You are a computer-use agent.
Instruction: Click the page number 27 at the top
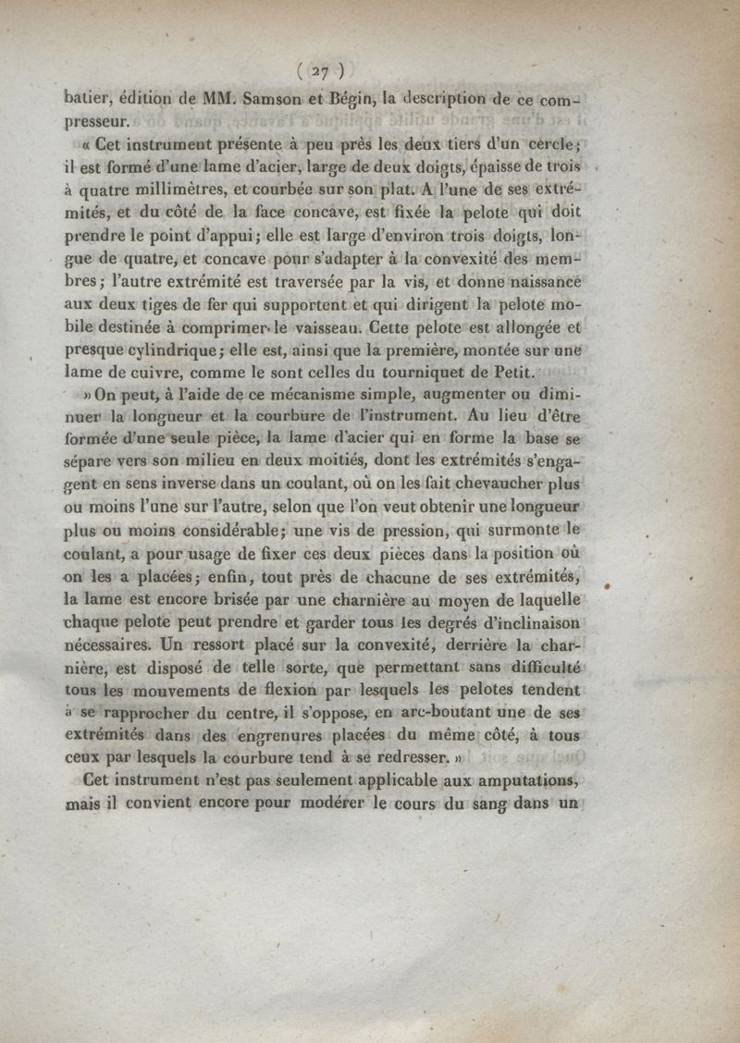point(322,69)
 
